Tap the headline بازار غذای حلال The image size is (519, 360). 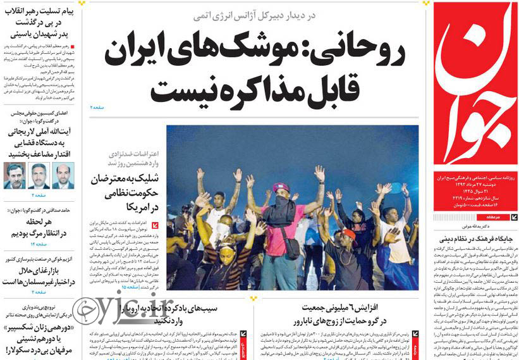click(39, 271)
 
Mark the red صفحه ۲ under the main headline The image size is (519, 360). click(97, 108)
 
